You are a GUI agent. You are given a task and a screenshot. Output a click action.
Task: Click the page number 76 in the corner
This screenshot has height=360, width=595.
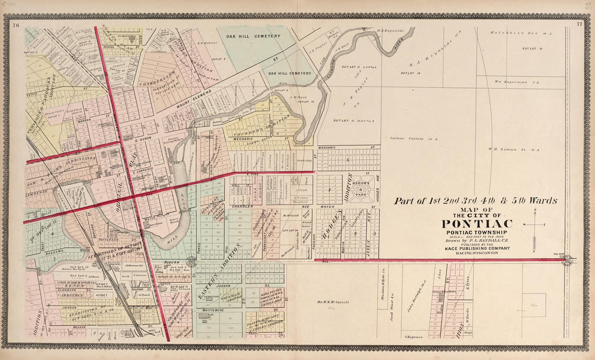tap(16, 25)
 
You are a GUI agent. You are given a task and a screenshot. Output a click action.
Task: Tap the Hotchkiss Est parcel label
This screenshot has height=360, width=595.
tap(512, 33)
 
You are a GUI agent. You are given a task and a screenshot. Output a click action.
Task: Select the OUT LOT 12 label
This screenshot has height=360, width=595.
tap(532, 49)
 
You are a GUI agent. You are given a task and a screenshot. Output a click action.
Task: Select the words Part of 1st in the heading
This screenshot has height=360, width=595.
tap(416, 201)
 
